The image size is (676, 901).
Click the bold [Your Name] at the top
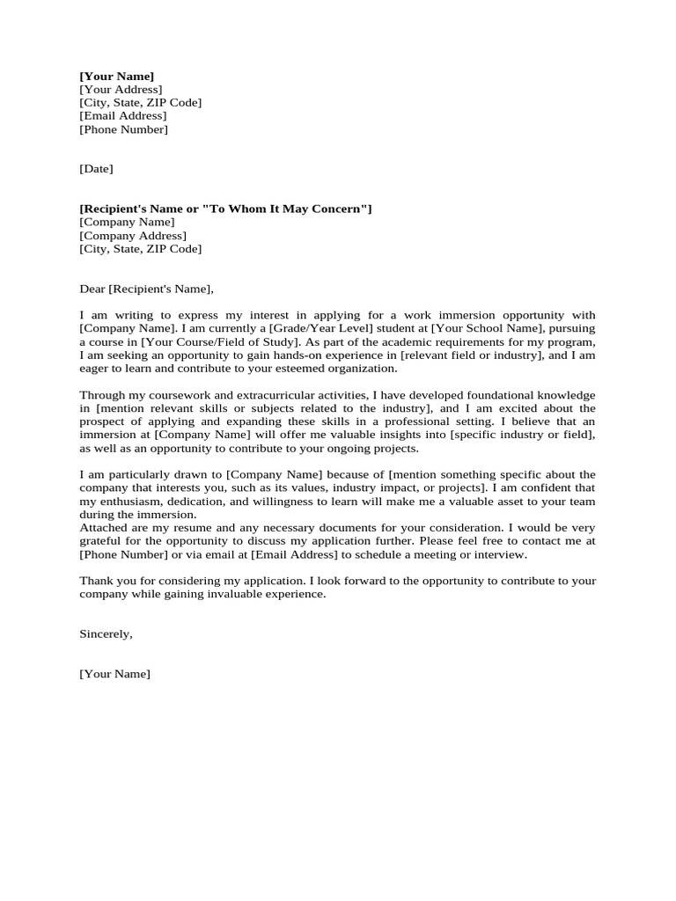(x=116, y=77)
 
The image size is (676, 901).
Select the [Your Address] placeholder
(x=121, y=90)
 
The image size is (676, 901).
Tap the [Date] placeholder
(x=96, y=169)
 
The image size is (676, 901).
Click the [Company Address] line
(x=133, y=236)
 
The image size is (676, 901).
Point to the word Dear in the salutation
(x=92, y=289)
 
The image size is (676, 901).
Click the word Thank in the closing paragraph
(x=96, y=581)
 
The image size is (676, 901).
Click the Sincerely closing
(x=106, y=634)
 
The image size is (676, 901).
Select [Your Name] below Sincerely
(x=114, y=674)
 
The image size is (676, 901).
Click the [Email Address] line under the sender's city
(x=122, y=116)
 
